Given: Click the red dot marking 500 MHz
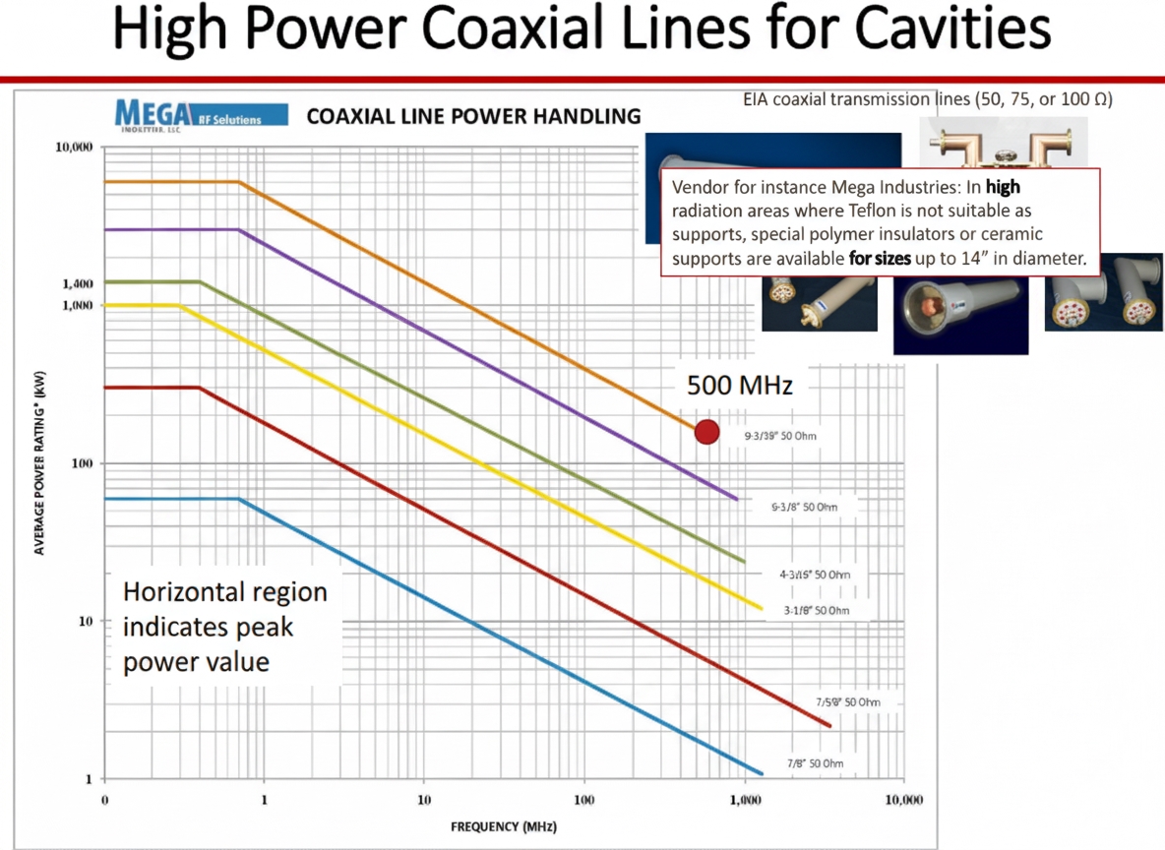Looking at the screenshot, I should [x=706, y=431].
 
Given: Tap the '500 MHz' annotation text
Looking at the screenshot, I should [x=739, y=385].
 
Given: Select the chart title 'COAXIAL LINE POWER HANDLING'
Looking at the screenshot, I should [x=473, y=117].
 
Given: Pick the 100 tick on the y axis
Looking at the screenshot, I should [x=82, y=463].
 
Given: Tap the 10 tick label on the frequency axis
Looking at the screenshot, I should [x=424, y=800].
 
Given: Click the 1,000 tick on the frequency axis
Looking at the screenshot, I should [x=744, y=800].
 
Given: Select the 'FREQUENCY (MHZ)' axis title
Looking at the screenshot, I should [x=503, y=826].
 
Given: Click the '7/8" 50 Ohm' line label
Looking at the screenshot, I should [x=814, y=763].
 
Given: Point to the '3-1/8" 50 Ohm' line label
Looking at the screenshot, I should [x=816, y=611].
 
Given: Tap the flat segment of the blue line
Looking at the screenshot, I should [x=172, y=499].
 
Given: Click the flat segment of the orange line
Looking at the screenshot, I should [x=172, y=182].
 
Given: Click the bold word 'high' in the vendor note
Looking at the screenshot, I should [x=1003, y=187].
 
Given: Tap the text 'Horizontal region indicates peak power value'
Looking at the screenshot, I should [x=224, y=627].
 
